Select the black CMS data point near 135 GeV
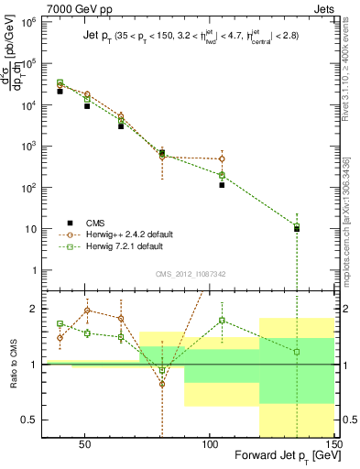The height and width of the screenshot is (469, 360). [297, 229]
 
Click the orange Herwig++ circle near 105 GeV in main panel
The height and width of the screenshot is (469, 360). [222, 159]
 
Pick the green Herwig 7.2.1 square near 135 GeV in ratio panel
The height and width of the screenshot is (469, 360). [297, 352]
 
